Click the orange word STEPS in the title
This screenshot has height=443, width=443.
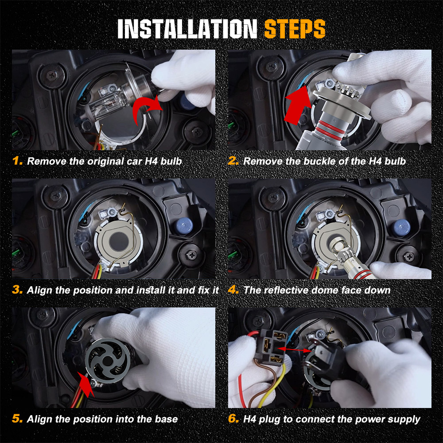point(295,29)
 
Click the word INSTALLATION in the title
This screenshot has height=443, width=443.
point(187,29)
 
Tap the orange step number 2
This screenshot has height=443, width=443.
point(233,161)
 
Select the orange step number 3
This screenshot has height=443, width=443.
point(17,290)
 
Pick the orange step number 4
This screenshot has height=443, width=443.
point(233,290)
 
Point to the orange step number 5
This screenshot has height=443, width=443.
point(17,419)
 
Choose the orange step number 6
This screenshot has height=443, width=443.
point(233,419)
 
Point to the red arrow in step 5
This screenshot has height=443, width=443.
point(86,384)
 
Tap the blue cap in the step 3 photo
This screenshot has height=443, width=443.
point(184,226)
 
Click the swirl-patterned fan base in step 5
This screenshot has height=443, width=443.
point(108,361)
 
